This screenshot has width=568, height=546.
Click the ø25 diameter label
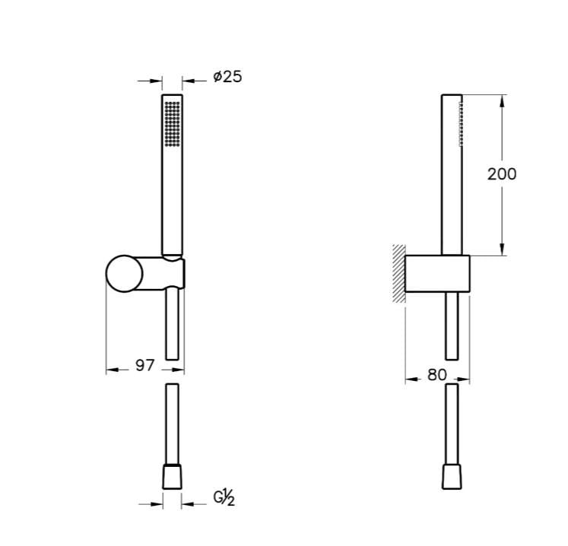(227, 77)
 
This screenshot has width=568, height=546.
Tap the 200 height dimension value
(501, 174)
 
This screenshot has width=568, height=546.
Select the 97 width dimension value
(144, 366)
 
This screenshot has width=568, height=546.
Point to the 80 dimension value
(436, 375)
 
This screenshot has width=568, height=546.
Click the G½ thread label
(224, 498)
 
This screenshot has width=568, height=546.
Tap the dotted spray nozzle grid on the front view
(173, 122)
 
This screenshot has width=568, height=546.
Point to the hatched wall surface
(398, 274)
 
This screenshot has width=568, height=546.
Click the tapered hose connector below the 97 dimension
(173, 477)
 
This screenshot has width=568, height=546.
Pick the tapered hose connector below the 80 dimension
(452, 477)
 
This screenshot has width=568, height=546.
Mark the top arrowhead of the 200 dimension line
(502, 100)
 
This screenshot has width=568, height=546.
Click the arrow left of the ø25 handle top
(156, 80)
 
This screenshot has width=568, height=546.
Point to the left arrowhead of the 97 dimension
(112, 370)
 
